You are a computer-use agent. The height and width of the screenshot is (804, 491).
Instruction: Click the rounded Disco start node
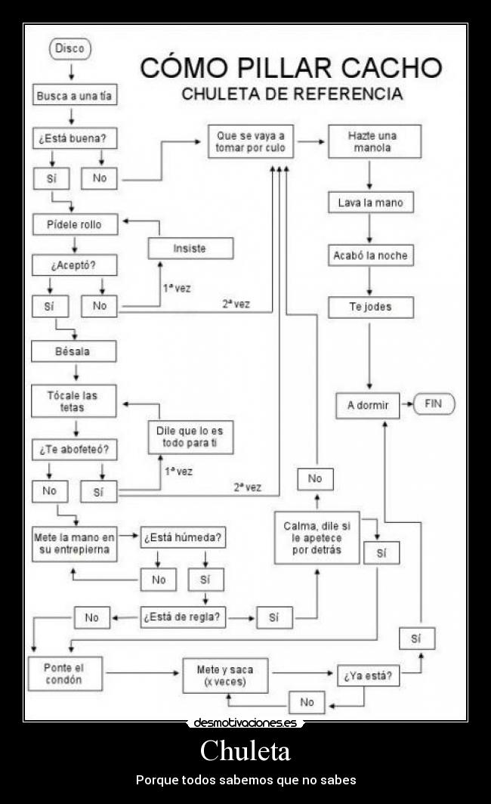70,49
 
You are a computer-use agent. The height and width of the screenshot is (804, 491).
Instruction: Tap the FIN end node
433,404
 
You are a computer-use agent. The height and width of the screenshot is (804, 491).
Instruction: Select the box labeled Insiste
190,249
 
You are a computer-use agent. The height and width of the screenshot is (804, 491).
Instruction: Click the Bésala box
74,351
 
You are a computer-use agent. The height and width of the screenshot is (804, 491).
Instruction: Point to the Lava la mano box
370,203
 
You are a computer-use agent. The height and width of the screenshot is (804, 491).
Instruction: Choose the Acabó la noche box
370,255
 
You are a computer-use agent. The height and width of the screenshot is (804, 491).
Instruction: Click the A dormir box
368,406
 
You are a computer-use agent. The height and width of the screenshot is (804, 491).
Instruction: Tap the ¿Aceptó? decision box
74,266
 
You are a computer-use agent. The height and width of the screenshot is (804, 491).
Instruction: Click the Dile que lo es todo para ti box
190,437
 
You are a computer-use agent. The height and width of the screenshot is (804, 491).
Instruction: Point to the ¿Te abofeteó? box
74,449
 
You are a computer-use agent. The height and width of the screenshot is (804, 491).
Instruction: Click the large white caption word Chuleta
246,751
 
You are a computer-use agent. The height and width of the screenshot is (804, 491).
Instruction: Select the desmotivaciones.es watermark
246,723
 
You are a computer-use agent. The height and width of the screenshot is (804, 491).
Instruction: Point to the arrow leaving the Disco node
70,71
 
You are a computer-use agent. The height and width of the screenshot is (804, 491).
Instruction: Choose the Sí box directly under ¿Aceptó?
50,306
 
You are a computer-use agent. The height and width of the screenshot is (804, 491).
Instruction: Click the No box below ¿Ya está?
307,702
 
